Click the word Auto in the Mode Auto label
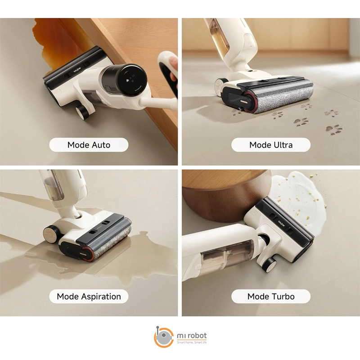(101, 145)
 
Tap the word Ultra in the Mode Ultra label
(283, 145)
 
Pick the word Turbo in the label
(283, 297)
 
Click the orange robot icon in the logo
(164, 337)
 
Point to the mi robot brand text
(192, 335)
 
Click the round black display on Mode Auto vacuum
(131, 79)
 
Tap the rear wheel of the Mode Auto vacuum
(81, 112)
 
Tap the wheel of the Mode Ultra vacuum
(220, 87)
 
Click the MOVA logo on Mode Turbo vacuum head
(282, 223)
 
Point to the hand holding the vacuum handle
(173, 69)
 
